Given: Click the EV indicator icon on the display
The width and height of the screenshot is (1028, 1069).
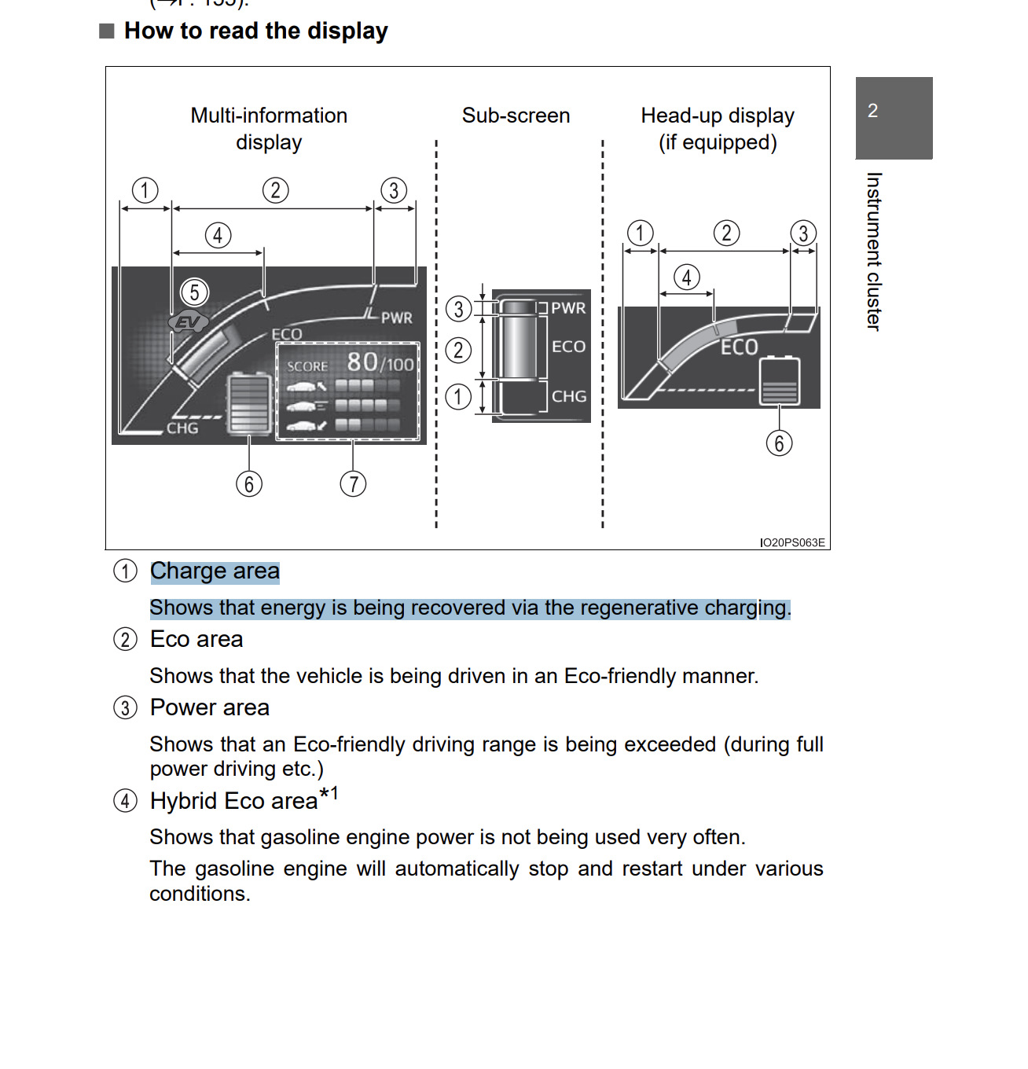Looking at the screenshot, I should tap(188, 321).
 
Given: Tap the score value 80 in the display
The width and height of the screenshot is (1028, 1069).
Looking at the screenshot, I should tap(362, 362).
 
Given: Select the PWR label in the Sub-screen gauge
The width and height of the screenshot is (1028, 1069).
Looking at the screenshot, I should tap(568, 308).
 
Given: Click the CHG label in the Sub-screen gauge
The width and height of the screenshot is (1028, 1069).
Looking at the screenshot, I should tap(569, 396).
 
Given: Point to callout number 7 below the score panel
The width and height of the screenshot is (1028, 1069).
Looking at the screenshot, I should tap(353, 483).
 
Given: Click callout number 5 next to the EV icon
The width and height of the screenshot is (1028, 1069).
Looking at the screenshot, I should tap(194, 292).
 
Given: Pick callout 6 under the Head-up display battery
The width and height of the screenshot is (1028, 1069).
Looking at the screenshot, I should tap(779, 443).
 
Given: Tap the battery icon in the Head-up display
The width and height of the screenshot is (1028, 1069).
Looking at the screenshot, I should tap(780, 381).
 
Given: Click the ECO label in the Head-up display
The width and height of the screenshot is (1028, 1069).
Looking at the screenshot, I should tap(739, 347).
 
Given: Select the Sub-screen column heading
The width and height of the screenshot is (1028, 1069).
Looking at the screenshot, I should tap(516, 116).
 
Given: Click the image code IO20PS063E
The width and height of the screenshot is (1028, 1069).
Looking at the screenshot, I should tap(792, 542).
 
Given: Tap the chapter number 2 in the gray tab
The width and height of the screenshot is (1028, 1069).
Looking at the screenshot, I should tap(872, 111).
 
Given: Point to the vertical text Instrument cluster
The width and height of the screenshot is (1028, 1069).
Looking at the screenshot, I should tap(873, 252).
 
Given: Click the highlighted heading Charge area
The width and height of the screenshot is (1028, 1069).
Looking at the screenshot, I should tap(215, 571).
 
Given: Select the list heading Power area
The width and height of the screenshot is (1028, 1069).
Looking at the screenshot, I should tap(210, 707).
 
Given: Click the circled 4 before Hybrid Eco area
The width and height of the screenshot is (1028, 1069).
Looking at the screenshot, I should tap(125, 801).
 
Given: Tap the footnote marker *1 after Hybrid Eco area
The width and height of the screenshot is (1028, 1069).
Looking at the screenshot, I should tap(329, 794).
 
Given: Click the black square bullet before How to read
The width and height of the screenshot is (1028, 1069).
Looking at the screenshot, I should tap(107, 31).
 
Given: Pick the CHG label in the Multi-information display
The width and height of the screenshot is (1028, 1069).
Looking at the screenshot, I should tap(182, 428).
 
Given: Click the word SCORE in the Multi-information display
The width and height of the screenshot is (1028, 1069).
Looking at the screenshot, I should tap(307, 366).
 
